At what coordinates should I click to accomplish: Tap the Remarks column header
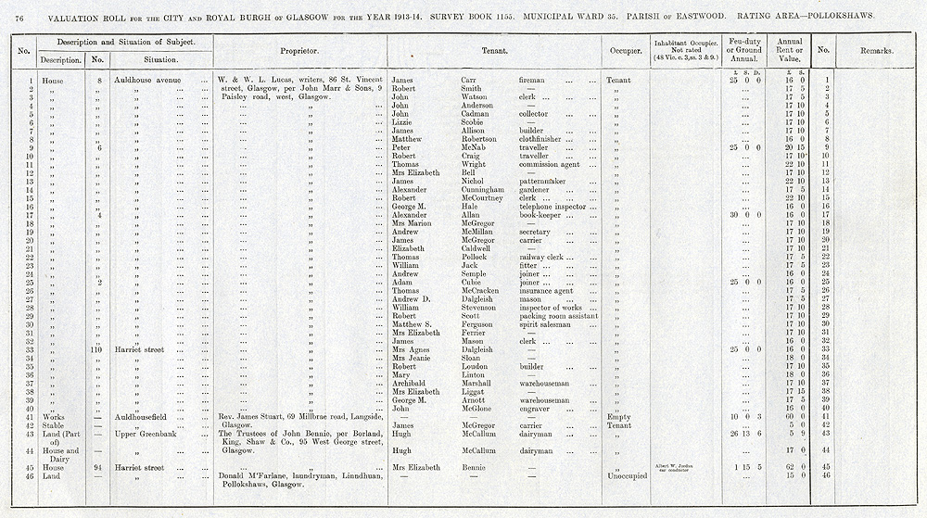(874, 51)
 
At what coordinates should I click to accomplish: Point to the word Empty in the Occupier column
(617, 418)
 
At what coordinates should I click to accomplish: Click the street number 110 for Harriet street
(96, 349)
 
